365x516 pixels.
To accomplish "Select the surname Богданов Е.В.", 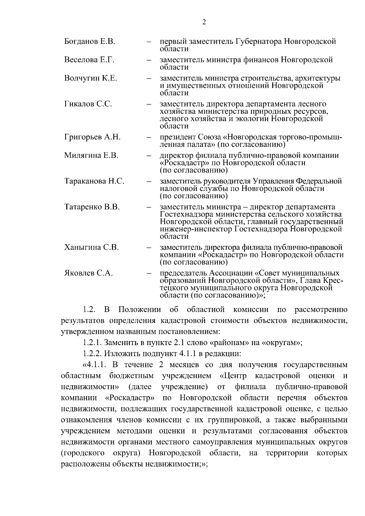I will tap(89, 41).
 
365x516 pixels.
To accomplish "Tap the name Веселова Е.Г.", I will tap(89, 60).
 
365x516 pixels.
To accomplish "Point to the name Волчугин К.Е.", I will tap(90, 78).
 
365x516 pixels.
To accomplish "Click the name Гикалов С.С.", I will tap(88, 104).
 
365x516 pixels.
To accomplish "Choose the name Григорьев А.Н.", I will tap(92, 137).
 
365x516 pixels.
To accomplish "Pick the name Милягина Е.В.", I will tap(91, 155).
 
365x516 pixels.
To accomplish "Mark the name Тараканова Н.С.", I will tap(94, 181).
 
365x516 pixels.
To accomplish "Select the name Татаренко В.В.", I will tap(92, 207).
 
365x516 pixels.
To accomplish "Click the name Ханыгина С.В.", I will tap(91, 247).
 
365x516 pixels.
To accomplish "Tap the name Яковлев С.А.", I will tap(89, 273).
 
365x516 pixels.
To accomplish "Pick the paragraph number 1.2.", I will tap(89, 310).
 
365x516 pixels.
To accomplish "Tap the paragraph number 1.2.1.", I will tap(92, 343).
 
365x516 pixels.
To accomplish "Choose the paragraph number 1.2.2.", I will tap(92, 354).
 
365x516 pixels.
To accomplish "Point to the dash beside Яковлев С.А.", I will tap(149, 273).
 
